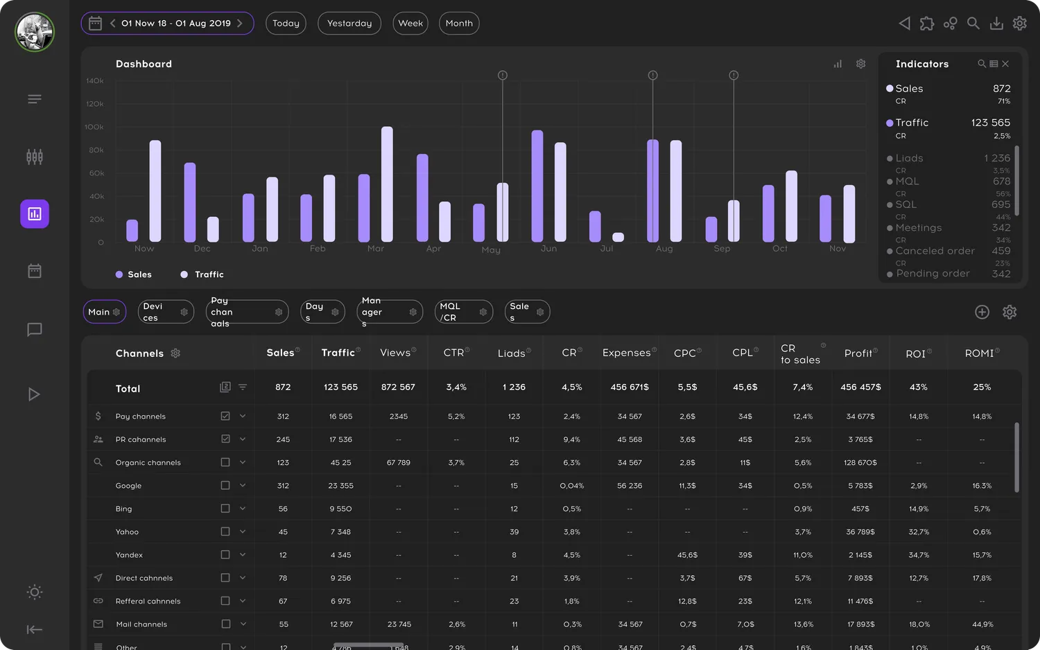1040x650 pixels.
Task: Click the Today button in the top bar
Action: tap(286, 24)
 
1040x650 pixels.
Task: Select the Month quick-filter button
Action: tap(459, 24)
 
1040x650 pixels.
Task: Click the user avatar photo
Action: tap(35, 32)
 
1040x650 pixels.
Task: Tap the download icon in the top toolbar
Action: tap(996, 24)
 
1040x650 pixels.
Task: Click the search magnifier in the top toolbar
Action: tap(973, 24)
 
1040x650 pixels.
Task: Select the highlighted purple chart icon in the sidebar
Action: tap(35, 214)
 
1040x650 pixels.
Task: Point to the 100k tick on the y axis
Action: tap(94, 127)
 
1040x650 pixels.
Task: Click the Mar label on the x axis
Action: tap(375, 249)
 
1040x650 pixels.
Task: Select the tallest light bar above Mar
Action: tap(387, 184)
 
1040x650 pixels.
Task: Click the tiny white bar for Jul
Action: tap(618, 237)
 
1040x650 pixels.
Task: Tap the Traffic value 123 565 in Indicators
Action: tap(990, 123)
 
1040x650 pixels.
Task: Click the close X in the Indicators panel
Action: tap(1005, 64)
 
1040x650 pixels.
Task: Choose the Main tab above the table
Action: tap(99, 312)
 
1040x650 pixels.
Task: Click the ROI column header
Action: tap(915, 353)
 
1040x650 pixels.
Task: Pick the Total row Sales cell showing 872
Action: tap(283, 387)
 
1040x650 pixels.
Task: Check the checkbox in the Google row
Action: tap(225, 485)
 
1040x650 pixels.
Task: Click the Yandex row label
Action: tap(129, 555)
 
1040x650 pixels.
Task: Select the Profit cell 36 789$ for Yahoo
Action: tap(860, 532)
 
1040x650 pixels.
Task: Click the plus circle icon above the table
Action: tap(982, 312)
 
